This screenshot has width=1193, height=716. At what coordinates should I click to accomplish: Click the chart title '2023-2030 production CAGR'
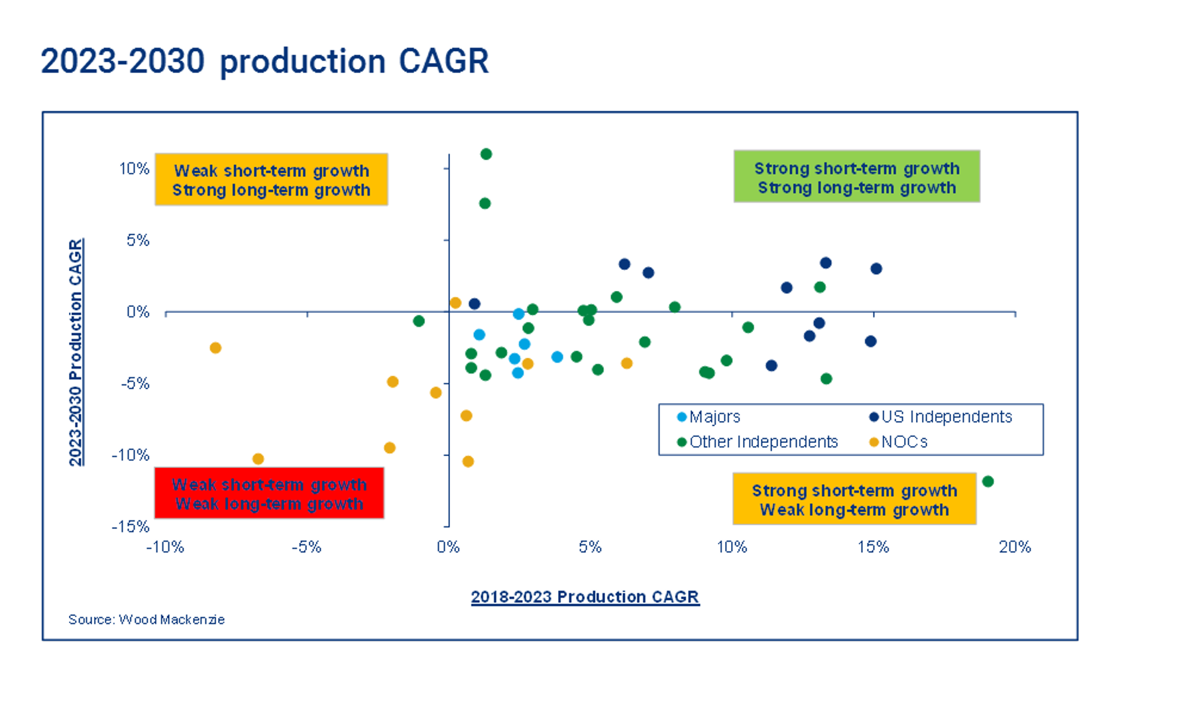tap(264, 61)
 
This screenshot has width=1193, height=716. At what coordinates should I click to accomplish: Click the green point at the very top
tap(486, 154)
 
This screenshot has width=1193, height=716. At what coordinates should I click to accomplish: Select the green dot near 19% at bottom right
tap(988, 481)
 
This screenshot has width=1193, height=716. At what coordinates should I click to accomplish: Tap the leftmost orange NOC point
tap(215, 347)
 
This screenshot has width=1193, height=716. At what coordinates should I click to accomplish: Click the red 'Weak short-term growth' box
tap(269, 493)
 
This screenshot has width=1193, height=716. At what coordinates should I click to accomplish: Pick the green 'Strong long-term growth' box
tap(856, 177)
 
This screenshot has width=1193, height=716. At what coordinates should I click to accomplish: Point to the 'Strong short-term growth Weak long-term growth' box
tap(854, 499)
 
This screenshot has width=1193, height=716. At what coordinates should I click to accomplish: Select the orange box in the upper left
tap(271, 180)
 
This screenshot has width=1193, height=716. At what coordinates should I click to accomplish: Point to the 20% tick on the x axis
tap(1015, 547)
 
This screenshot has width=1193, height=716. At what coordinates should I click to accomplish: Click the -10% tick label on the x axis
tap(165, 547)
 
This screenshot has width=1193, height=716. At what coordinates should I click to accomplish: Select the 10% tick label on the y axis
tap(135, 168)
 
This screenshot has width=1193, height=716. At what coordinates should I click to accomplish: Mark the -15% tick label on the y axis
tap(131, 526)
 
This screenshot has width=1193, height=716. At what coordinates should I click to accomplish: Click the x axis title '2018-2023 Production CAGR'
tap(585, 597)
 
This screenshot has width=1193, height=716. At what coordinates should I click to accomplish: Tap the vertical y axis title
tap(76, 352)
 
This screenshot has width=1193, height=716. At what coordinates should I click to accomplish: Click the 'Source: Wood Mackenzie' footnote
tap(146, 619)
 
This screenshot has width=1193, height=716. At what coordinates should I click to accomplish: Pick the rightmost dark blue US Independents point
tap(876, 268)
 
